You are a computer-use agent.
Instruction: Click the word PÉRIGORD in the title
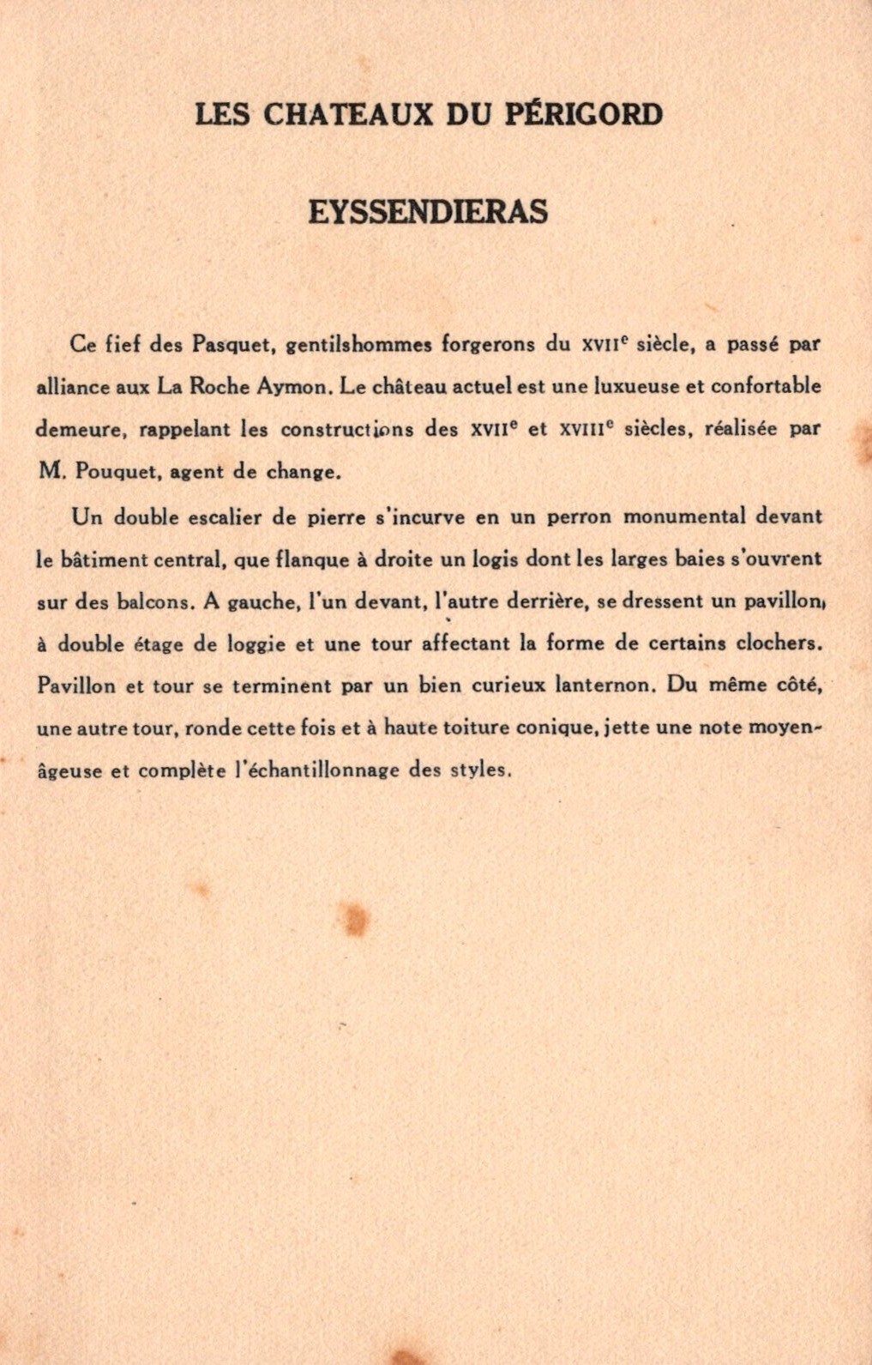(584, 114)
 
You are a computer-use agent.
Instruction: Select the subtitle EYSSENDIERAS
(428, 212)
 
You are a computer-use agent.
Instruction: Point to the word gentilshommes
(358, 345)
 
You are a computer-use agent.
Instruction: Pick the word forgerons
(488, 345)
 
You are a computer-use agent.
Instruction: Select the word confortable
(766, 387)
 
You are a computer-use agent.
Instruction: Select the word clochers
(773, 643)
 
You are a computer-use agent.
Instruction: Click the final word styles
(480, 770)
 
